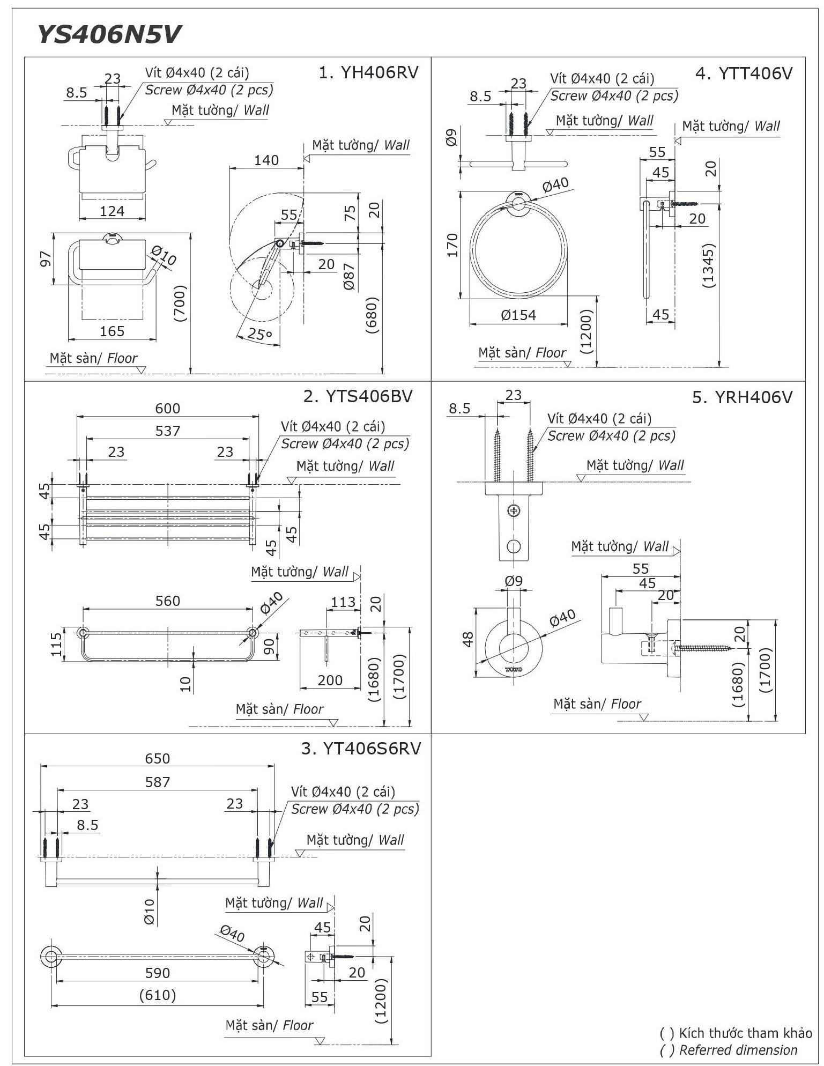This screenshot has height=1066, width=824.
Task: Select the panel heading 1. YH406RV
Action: (x=368, y=72)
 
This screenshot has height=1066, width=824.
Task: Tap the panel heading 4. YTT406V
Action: (x=744, y=73)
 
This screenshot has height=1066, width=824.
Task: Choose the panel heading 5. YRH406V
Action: (x=742, y=397)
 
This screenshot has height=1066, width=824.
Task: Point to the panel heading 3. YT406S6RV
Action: (x=361, y=749)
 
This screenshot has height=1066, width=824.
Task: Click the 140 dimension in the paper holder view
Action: (x=266, y=160)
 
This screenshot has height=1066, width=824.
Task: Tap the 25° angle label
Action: (x=259, y=334)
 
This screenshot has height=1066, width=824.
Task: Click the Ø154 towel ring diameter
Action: (x=518, y=315)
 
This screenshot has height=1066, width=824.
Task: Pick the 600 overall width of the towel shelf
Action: (x=168, y=409)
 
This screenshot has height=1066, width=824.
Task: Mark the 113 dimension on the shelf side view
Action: (x=343, y=602)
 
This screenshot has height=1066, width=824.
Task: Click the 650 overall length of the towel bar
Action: (x=157, y=758)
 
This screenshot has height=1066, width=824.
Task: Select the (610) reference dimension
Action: (x=157, y=995)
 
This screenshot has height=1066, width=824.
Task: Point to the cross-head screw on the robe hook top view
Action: (x=514, y=510)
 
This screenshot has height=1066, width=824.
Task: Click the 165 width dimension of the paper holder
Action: (x=112, y=331)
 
